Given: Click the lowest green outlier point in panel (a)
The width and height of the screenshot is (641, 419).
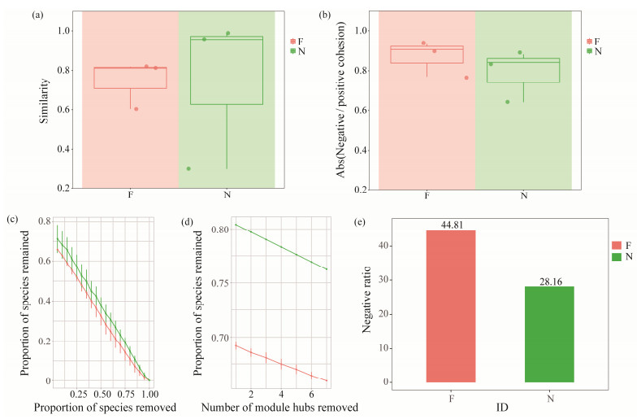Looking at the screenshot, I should point(188,168).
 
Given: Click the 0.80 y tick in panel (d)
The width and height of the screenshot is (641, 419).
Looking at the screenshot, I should point(219,229).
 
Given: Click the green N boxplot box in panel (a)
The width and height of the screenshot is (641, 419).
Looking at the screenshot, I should point(226,70).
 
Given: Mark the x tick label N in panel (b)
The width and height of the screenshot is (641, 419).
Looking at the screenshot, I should point(523,195).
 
